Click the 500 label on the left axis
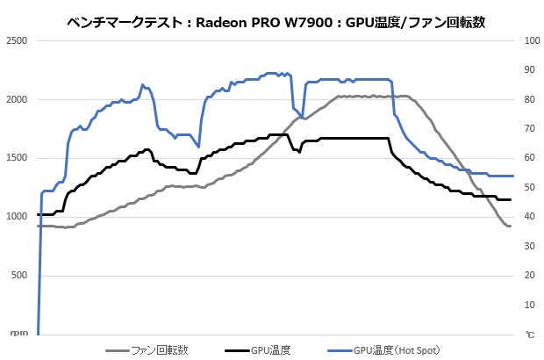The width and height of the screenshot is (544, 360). (x=20, y=276)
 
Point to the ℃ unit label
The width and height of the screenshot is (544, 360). (x=529, y=335)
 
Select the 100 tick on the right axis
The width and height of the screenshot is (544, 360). (x=532, y=41)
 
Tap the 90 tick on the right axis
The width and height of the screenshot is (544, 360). (x=530, y=70)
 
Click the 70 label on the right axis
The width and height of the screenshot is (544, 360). (x=530, y=129)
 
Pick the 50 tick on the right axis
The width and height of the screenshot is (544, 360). (x=530, y=188)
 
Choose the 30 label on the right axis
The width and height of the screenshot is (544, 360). (x=530, y=247)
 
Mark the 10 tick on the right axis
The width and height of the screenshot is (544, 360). (x=530, y=305)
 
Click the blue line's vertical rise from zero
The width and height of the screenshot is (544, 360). (x=39, y=263)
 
